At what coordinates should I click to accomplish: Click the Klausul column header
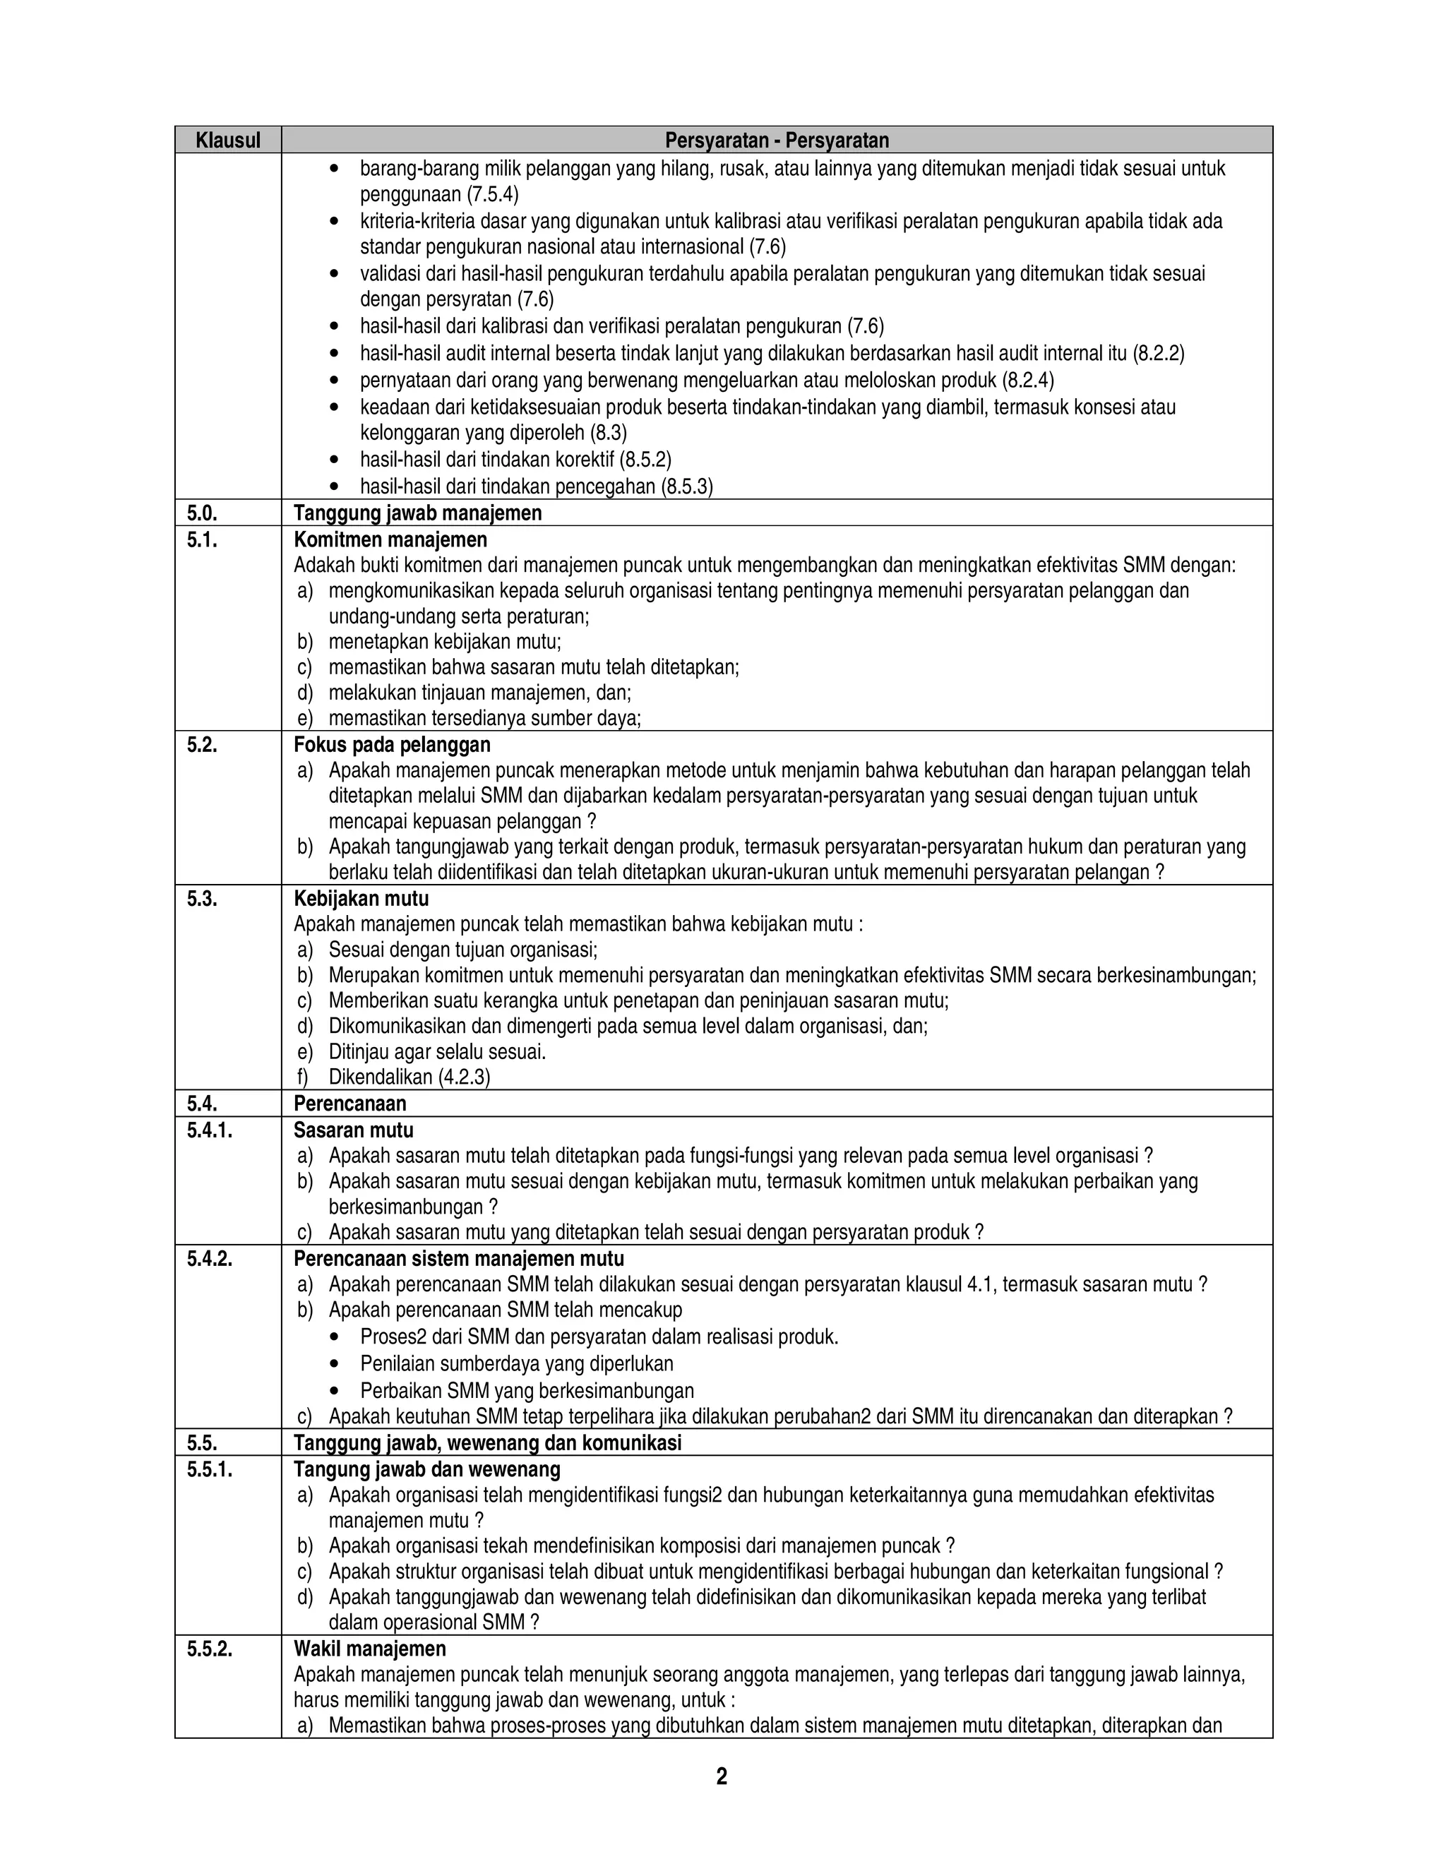(228, 140)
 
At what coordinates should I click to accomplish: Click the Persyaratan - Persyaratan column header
(777, 140)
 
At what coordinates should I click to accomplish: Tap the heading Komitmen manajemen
(390, 539)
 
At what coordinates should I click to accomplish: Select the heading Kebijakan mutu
(361, 898)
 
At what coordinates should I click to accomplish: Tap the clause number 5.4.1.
(209, 1129)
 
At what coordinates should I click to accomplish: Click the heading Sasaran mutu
(353, 1129)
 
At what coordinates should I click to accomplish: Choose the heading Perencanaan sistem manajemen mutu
(458, 1257)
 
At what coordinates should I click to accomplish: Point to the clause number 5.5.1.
(209, 1469)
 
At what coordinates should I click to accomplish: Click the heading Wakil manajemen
(369, 1649)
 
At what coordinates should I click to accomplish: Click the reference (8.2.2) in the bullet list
(1158, 353)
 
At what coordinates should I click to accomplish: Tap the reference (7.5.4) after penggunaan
(491, 194)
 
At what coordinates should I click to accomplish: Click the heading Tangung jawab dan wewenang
(426, 1469)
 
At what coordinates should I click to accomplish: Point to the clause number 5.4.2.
(209, 1257)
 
